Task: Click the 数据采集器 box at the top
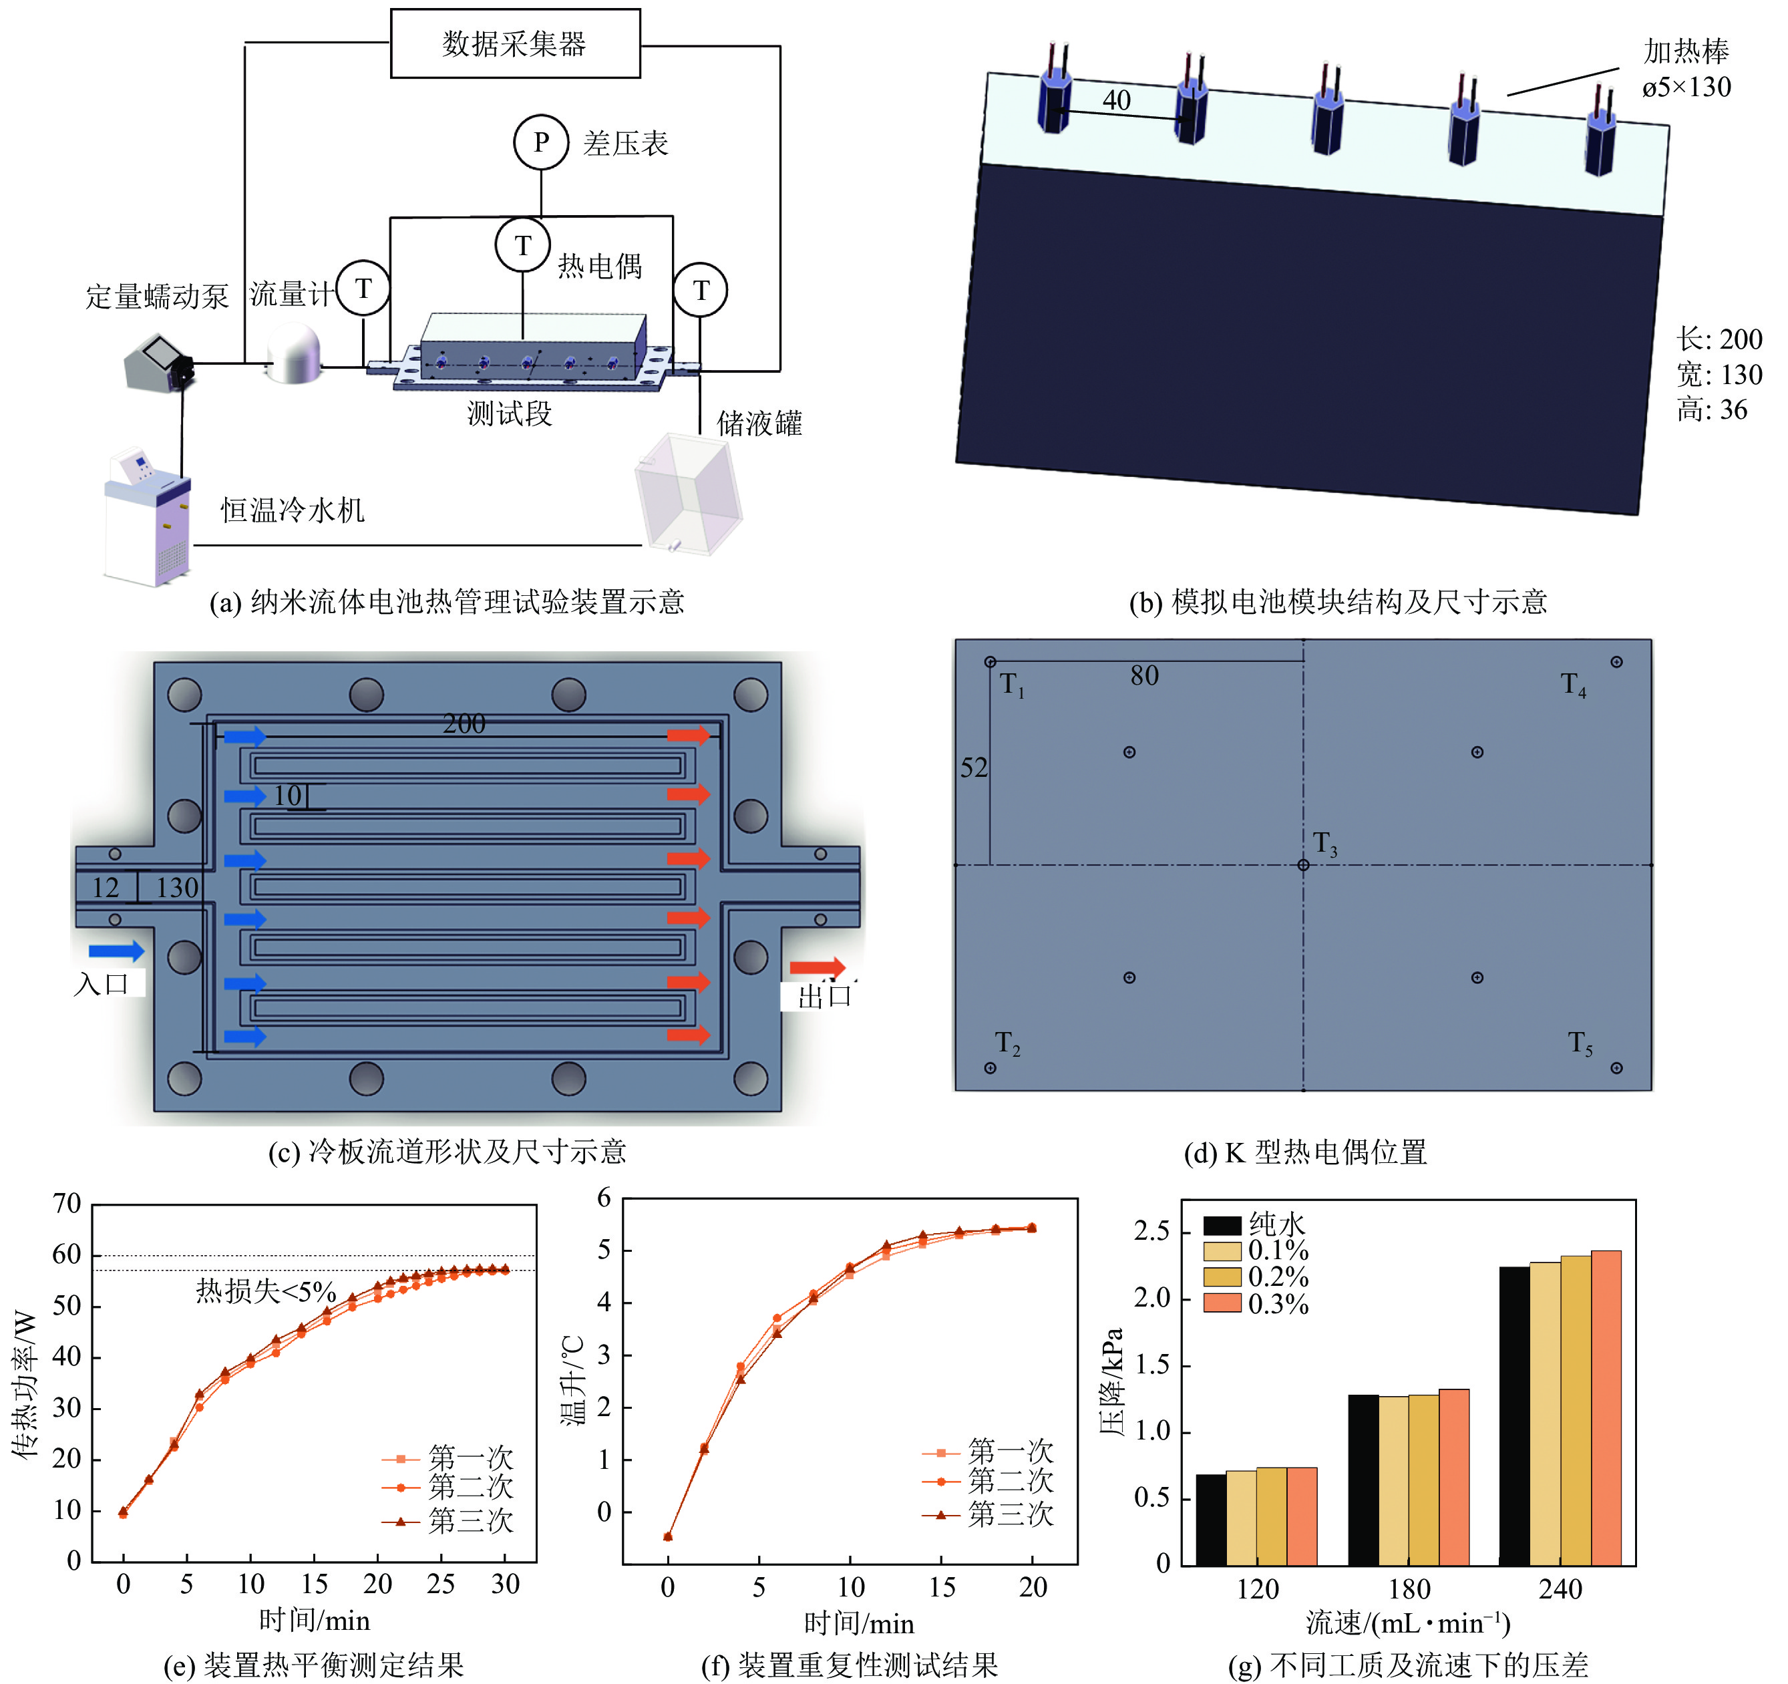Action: (x=514, y=43)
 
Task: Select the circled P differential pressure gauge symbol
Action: (x=540, y=142)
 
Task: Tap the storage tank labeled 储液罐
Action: (x=688, y=493)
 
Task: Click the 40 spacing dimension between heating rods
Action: (x=1116, y=100)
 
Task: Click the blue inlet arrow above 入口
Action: (x=116, y=951)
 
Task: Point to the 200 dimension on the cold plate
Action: (x=464, y=723)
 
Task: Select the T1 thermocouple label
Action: (x=1012, y=685)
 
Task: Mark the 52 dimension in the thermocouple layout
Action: (x=973, y=768)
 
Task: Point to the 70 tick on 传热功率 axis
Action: (x=67, y=1204)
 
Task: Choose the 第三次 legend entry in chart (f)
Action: (x=1009, y=1514)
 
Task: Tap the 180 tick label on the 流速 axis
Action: (x=1409, y=1588)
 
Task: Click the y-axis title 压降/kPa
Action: (x=1113, y=1382)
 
